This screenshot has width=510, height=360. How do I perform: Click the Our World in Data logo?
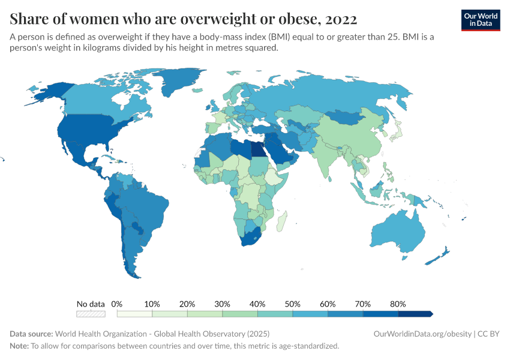(x=481, y=19)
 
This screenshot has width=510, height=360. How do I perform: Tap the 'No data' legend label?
(x=91, y=304)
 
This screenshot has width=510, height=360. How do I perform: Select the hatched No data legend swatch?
(x=91, y=314)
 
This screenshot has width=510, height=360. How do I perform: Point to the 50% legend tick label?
(x=293, y=304)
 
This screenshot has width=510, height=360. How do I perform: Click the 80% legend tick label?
(x=398, y=304)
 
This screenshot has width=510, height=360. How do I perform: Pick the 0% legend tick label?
(x=117, y=304)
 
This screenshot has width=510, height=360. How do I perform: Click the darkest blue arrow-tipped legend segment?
(x=415, y=314)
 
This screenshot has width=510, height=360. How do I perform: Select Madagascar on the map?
(x=281, y=222)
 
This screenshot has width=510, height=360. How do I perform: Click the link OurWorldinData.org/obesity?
(x=422, y=334)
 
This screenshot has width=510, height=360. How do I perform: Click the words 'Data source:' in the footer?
(x=31, y=334)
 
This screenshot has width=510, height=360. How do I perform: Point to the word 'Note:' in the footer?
(x=19, y=346)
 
